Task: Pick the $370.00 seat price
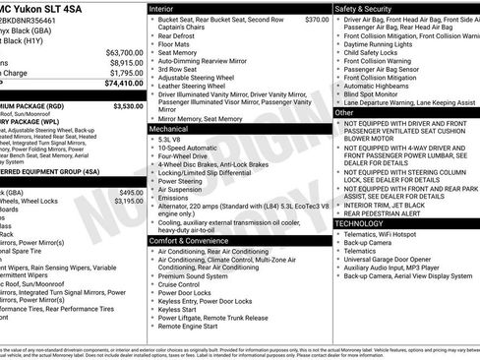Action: tap(317, 20)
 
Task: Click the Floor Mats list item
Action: tap(175, 45)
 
